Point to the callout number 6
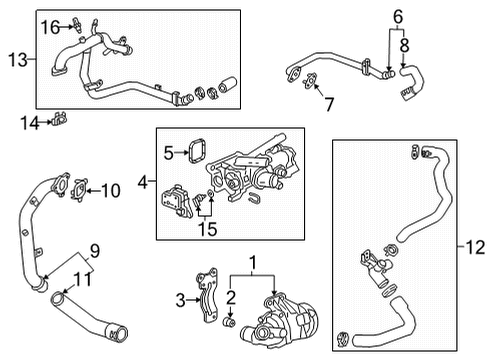(398, 17)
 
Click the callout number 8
(405, 45)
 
